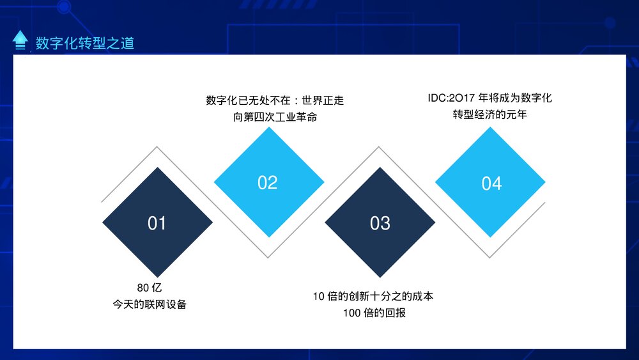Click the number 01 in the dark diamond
[157, 223]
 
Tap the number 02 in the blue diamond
[268, 183]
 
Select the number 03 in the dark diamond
[380, 223]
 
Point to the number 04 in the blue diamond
[491, 184]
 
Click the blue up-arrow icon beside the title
[20, 40]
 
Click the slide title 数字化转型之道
[85, 43]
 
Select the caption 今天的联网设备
[150, 304]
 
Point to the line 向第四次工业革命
[275, 118]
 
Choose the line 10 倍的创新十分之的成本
[373, 296]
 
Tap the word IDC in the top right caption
[439, 98]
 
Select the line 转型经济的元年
[489, 115]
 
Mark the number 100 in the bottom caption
[351, 313]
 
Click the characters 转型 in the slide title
[85, 43]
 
